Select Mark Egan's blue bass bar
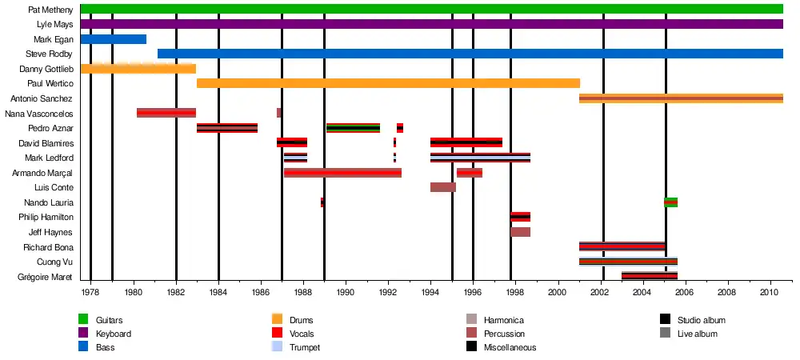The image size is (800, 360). click(x=113, y=39)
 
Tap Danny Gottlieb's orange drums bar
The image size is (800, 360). click(x=138, y=69)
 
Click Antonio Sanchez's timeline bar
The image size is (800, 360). click(x=681, y=98)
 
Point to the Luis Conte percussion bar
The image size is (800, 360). click(x=442, y=187)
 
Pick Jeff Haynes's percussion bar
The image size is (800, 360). click(x=520, y=232)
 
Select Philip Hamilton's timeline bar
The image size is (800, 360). click(x=520, y=217)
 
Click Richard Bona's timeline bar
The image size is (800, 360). click(x=622, y=246)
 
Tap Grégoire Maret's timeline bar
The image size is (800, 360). click(x=649, y=276)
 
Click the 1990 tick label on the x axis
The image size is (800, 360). click(x=346, y=293)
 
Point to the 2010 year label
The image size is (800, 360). click(x=770, y=293)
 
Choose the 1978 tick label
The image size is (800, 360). click(x=91, y=293)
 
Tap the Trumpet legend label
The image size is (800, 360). click(x=305, y=347)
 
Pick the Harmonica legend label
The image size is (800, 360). click(x=504, y=320)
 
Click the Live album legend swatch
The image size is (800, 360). click(x=666, y=334)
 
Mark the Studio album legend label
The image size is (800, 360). click(x=701, y=320)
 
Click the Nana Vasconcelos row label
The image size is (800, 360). click(x=39, y=114)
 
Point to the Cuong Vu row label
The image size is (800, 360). click(x=54, y=262)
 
